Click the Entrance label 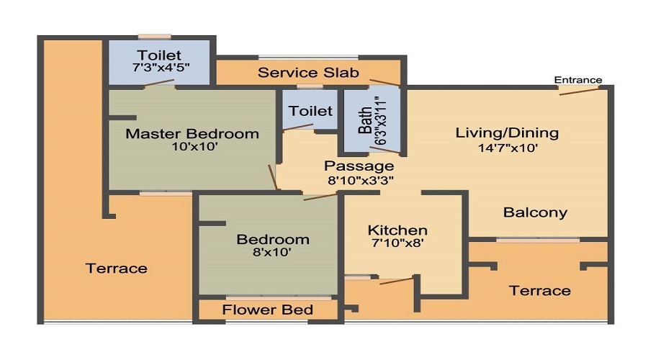577,80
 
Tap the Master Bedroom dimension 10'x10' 194,146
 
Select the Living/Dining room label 507,133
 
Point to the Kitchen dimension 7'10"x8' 397,243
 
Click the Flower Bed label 267,310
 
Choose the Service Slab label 308,73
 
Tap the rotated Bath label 365,121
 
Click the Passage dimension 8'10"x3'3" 361,181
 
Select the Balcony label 535,213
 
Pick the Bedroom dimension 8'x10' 272,252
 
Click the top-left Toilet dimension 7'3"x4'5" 161,68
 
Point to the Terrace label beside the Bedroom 117,269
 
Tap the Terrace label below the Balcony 540,291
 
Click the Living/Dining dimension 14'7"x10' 508,148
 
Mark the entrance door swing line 579,91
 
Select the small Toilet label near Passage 310,111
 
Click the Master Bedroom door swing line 273,177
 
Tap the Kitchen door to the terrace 396,281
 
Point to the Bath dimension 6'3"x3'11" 380,120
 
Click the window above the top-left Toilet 155,37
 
